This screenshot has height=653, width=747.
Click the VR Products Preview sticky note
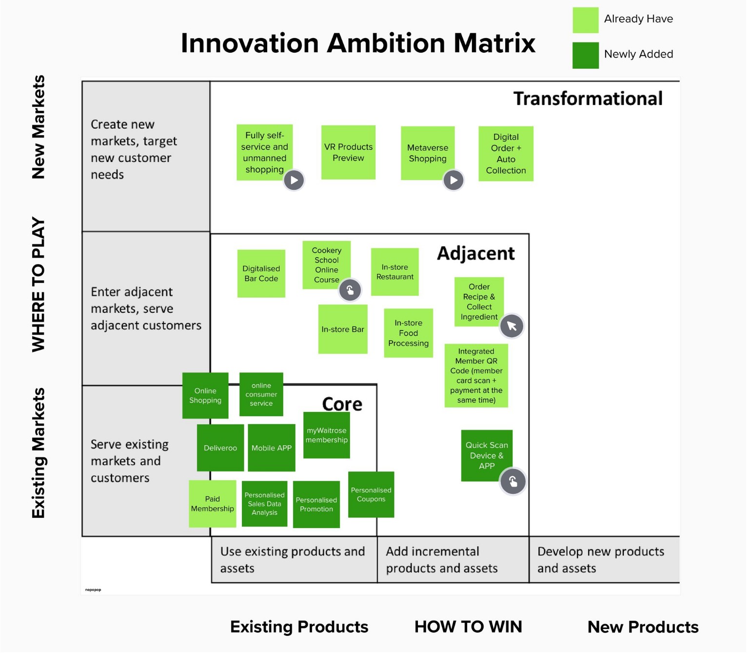(x=348, y=152)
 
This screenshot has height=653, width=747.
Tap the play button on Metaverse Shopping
(x=453, y=180)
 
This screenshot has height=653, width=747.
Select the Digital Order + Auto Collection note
(x=506, y=154)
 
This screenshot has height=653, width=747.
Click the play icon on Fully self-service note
(x=294, y=180)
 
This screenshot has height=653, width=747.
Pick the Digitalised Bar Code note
(x=261, y=273)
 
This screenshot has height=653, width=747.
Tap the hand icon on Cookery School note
(x=350, y=290)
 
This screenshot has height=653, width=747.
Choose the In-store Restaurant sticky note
(x=394, y=272)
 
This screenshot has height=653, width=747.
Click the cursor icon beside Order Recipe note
(x=511, y=326)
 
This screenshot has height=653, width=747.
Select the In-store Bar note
(x=342, y=329)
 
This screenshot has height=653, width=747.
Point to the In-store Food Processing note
(x=408, y=333)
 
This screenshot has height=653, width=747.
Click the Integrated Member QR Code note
(x=476, y=375)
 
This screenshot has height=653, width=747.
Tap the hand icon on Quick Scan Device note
(x=513, y=481)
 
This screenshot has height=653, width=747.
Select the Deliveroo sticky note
(x=220, y=448)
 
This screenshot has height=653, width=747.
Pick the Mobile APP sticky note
(x=271, y=448)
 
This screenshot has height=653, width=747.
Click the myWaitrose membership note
(x=326, y=435)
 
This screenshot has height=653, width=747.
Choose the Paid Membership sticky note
(x=212, y=504)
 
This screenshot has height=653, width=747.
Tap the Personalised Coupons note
(x=371, y=494)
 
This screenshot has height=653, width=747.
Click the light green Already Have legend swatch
(x=585, y=20)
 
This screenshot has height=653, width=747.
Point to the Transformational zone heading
(x=588, y=99)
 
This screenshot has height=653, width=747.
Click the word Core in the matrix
(x=342, y=404)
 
